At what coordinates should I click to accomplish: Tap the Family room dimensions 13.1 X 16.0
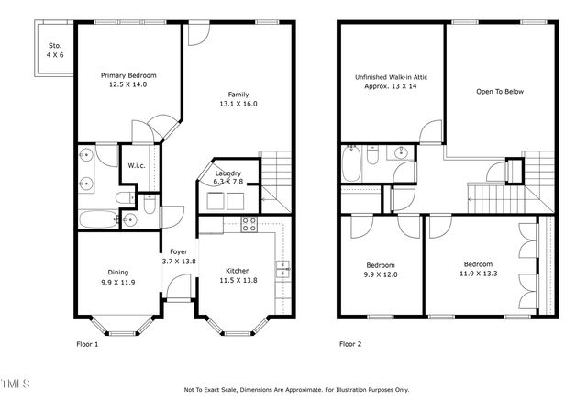tap(238, 104)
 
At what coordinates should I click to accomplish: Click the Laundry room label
tap(227, 173)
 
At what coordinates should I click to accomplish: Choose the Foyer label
tap(178, 251)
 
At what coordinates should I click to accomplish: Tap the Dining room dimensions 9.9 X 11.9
tap(118, 282)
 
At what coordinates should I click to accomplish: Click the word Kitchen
tap(238, 271)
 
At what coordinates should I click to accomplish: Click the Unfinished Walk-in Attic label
tap(392, 77)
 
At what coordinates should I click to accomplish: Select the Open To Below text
tap(501, 92)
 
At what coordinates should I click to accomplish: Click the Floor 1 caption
tap(87, 344)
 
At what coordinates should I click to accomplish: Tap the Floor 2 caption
tap(351, 344)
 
